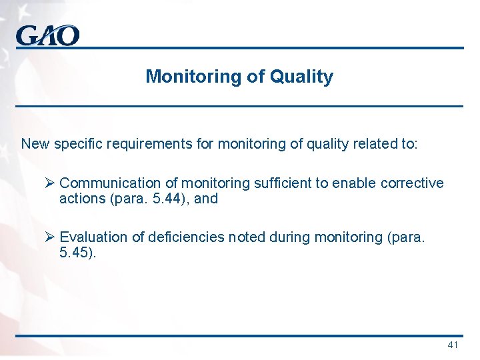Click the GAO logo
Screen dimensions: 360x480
pos(47,35)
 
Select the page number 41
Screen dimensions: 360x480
pos(453,345)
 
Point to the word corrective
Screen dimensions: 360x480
pos(412,183)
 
